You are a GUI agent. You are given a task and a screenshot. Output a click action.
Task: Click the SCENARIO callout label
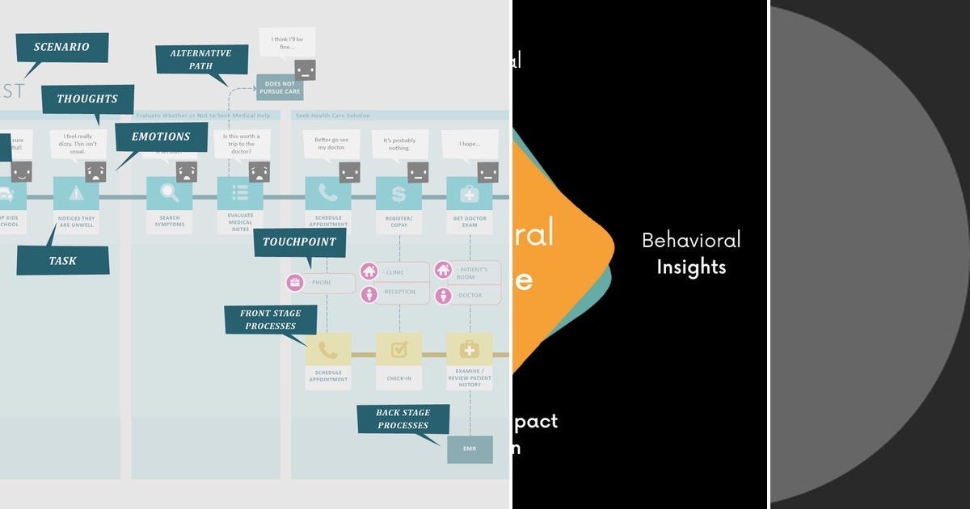pyautogui.click(x=61, y=47)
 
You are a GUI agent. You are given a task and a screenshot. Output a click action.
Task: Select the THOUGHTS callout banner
pyautogui.click(x=87, y=99)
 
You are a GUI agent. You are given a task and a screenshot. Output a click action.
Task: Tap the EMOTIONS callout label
pyautogui.click(x=161, y=137)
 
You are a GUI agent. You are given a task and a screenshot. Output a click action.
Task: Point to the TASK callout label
pyautogui.click(x=62, y=261)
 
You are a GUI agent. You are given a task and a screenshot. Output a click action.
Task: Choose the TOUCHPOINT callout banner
pyautogui.click(x=299, y=242)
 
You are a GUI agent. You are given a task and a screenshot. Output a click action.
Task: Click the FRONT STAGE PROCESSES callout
pyautogui.click(x=269, y=320)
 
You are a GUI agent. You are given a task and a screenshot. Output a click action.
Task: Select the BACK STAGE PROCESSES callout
pyautogui.click(x=403, y=419)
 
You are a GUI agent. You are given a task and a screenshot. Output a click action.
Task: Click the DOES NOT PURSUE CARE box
pyautogui.click(x=280, y=87)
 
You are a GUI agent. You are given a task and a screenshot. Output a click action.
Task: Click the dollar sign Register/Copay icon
pyautogui.click(x=399, y=194)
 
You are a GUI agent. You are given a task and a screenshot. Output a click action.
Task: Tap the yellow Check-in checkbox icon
pyautogui.click(x=399, y=350)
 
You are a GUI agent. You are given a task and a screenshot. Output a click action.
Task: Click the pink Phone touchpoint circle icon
pyautogui.click(x=295, y=283)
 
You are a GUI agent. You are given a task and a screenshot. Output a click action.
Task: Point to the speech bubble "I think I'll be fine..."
pyautogui.click(x=287, y=42)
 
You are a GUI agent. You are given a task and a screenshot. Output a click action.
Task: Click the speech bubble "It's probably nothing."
pyautogui.click(x=400, y=145)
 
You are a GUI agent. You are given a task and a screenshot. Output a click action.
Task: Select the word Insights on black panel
pyautogui.click(x=691, y=267)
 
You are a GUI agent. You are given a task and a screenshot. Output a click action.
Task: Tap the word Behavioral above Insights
pyautogui.click(x=691, y=240)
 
